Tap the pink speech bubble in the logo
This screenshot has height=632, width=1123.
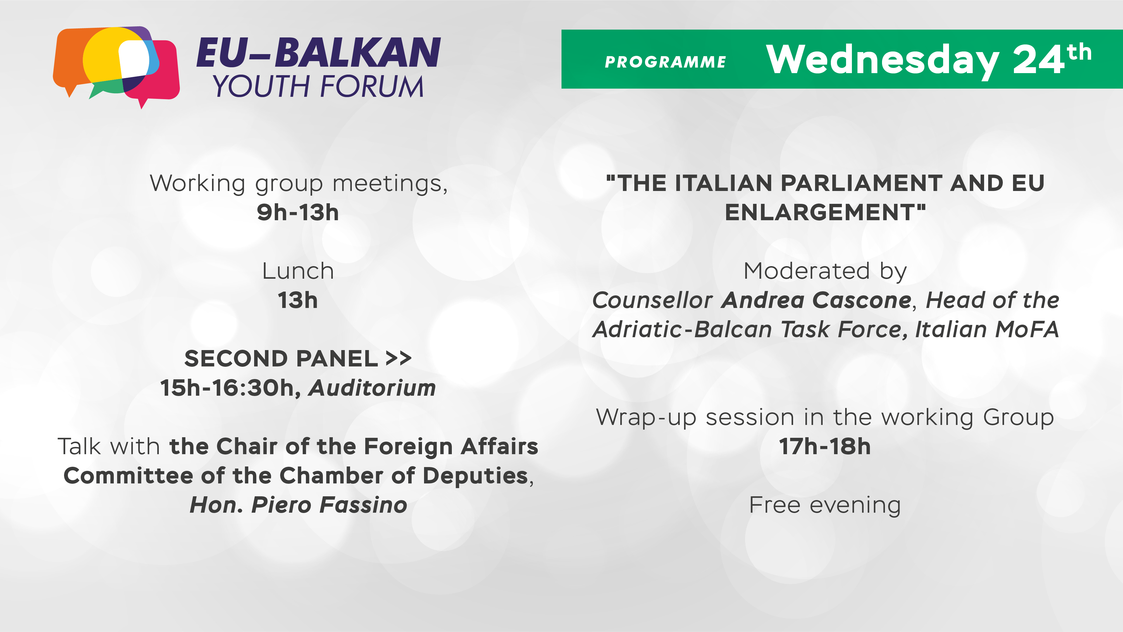(x=166, y=74)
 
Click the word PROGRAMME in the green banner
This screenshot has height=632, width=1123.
(x=665, y=62)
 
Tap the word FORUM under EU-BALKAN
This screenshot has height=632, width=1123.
(x=371, y=86)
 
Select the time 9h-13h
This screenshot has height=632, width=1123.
(x=298, y=212)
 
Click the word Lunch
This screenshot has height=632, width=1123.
(x=298, y=271)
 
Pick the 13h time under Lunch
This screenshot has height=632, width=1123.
(x=298, y=300)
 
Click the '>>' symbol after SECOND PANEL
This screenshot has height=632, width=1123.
(x=398, y=358)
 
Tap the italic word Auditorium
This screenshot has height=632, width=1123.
(x=372, y=388)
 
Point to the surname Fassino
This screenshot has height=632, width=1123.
(x=363, y=505)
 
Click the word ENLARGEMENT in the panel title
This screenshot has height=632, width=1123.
(x=819, y=212)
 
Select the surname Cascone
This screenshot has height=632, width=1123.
(x=862, y=300)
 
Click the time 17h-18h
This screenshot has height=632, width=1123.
(x=825, y=446)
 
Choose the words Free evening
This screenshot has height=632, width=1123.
(x=825, y=505)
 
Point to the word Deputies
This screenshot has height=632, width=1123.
(x=476, y=476)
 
